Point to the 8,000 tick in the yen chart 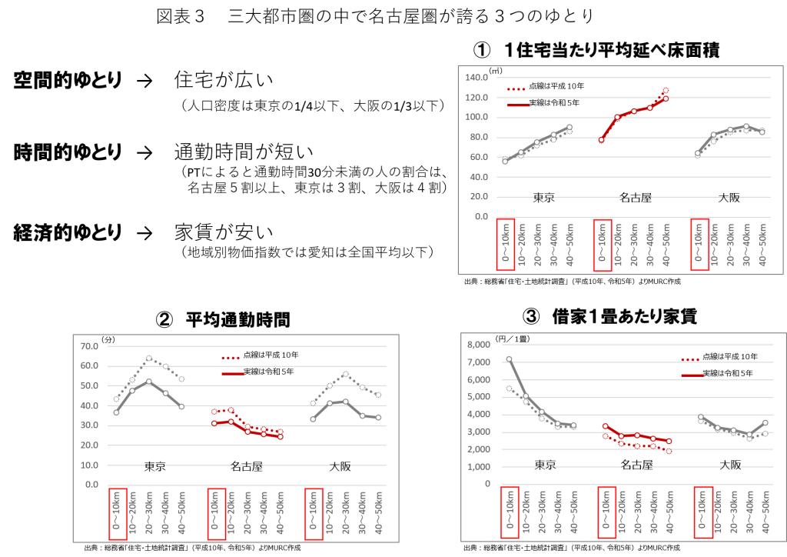pyautogui.click(x=480, y=345)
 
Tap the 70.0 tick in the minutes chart pyautogui.click(x=90, y=346)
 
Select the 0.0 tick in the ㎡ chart pyautogui.click(x=481, y=216)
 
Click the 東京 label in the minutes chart pyautogui.click(x=156, y=466)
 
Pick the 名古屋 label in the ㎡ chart pyautogui.click(x=636, y=198)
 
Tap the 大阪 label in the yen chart pyautogui.click(x=730, y=465)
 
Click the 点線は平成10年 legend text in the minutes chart pyautogui.click(x=271, y=355)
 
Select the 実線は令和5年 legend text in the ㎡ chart pyautogui.click(x=554, y=102)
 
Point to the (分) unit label pyautogui.click(x=108, y=339)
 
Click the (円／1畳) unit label pyautogui.click(x=513, y=339)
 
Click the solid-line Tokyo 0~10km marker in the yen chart pyautogui.click(x=509, y=359)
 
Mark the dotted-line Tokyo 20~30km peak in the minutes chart pyautogui.click(x=148, y=359)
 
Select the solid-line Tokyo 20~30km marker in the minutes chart pyautogui.click(x=148, y=382)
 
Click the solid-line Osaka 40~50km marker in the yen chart pyautogui.click(x=765, y=422)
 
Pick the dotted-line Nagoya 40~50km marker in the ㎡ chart pyautogui.click(x=666, y=91)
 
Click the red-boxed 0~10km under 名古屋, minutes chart pyautogui.click(x=216, y=513)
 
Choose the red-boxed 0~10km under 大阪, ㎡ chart pyautogui.click(x=699, y=245)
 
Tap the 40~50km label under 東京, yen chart pyautogui.click(x=574, y=513)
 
